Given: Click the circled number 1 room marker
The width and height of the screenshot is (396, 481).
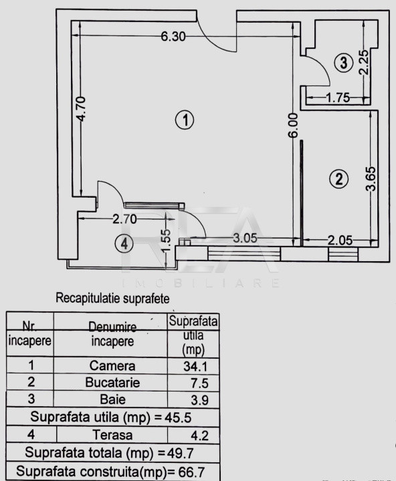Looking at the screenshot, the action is [x=185, y=120].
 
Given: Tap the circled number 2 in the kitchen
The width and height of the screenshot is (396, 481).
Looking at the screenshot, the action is [x=338, y=179].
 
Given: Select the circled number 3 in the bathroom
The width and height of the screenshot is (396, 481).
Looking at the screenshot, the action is [x=344, y=63].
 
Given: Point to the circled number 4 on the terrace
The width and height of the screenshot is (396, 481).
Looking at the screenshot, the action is [x=124, y=244].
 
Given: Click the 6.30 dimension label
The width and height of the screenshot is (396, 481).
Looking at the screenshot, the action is [x=173, y=37].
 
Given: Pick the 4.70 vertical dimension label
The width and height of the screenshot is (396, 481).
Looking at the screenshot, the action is [x=82, y=109].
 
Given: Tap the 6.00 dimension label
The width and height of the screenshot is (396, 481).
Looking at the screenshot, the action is [x=294, y=126].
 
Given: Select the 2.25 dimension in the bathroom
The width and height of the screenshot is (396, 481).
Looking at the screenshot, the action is [x=363, y=63].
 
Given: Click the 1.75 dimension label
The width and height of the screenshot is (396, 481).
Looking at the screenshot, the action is [x=338, y=98].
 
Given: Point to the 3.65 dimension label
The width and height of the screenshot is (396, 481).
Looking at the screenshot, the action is [x=371, y=179].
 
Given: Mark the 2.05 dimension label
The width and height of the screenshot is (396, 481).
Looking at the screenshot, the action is [x=340, y=240].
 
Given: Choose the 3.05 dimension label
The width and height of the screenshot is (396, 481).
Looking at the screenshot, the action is [x=245, y=238].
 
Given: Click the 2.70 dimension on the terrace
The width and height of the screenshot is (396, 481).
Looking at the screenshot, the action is [x=124, y=219].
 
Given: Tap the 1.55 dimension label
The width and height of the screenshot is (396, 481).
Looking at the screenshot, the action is [x=166, y=241].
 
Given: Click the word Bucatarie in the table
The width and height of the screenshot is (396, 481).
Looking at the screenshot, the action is [x=112, y=383].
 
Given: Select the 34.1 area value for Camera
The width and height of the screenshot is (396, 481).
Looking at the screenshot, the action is [x=195, y=366].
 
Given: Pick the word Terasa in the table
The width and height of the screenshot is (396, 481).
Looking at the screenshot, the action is [x=112, y=435].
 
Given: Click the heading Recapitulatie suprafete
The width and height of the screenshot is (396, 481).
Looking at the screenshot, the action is [x=112, y=298].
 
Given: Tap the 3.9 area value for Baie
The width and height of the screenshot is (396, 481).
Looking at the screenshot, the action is [x=200, y=400].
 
